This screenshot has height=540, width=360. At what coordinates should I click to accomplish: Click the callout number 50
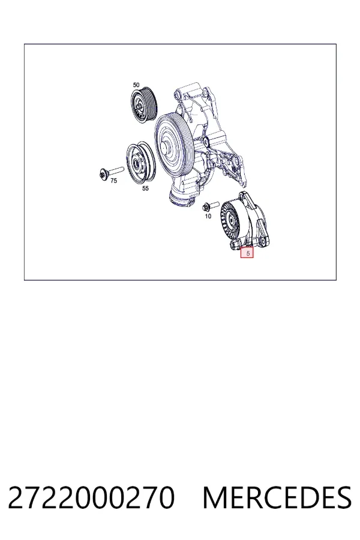(x=136, y=85)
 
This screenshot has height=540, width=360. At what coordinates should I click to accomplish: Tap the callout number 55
(x=145, y=188)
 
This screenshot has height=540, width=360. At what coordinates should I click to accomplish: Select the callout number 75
(x=113, y=181)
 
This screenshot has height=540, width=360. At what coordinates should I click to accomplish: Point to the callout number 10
(x=208, y=216)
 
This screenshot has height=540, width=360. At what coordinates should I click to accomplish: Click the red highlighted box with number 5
(x=247, y=253)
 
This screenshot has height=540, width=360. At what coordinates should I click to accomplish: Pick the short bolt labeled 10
(x=211, y=206)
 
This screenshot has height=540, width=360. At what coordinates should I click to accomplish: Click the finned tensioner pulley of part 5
(x=232, y=219)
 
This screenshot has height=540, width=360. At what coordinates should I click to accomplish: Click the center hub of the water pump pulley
(x=166, y=148)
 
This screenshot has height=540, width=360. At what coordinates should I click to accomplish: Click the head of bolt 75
(x=103, y=174)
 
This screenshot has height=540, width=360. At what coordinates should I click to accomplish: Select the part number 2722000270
(x=91, y=497)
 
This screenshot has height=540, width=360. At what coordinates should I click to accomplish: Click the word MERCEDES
(x=277, y=497)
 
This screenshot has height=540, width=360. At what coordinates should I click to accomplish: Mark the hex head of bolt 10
(x=206, y=207)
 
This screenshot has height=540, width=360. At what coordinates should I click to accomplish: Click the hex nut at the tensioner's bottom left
(x=233, y=245)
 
